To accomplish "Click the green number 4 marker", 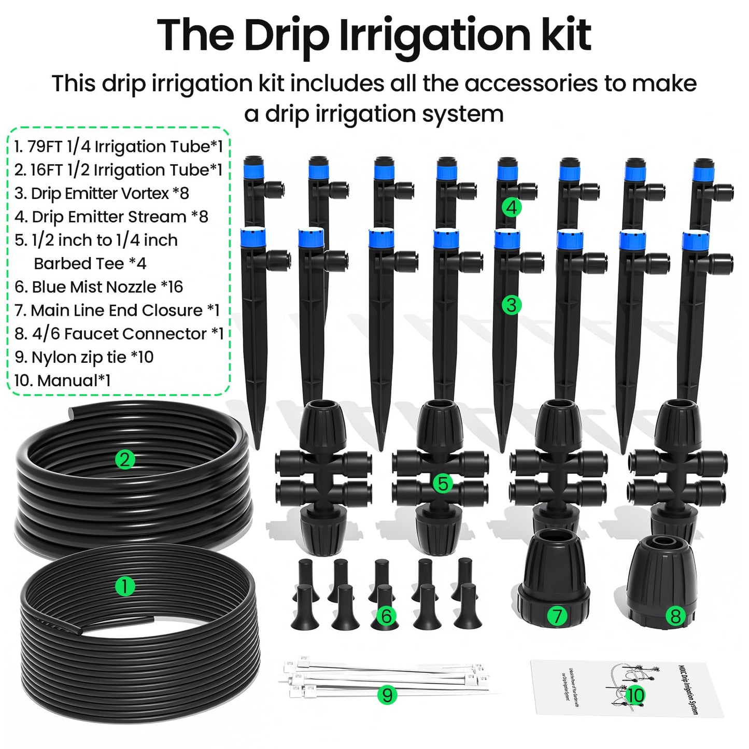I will pos(512,207).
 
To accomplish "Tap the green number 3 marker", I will pos(512,305).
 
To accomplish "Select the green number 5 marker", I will pos(443,484).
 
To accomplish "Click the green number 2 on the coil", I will pos(125,459).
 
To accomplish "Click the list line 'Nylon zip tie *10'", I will pos(84,357).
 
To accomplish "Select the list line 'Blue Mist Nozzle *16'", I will pos(98,287).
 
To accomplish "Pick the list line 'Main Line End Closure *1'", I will pos(117,310).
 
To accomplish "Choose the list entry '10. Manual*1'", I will pos(62,380).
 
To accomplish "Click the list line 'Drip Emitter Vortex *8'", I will pos(102,193).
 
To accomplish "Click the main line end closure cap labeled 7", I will pos(554,581).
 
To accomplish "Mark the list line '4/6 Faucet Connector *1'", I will pos(119,334).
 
